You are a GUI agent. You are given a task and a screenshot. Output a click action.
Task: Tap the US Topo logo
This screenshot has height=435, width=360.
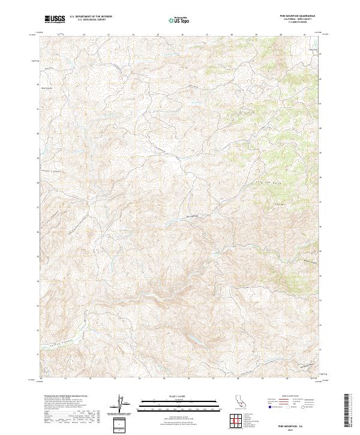(180, 19)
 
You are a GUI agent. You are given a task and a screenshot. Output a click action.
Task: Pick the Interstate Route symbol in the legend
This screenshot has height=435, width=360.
(270, 407)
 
